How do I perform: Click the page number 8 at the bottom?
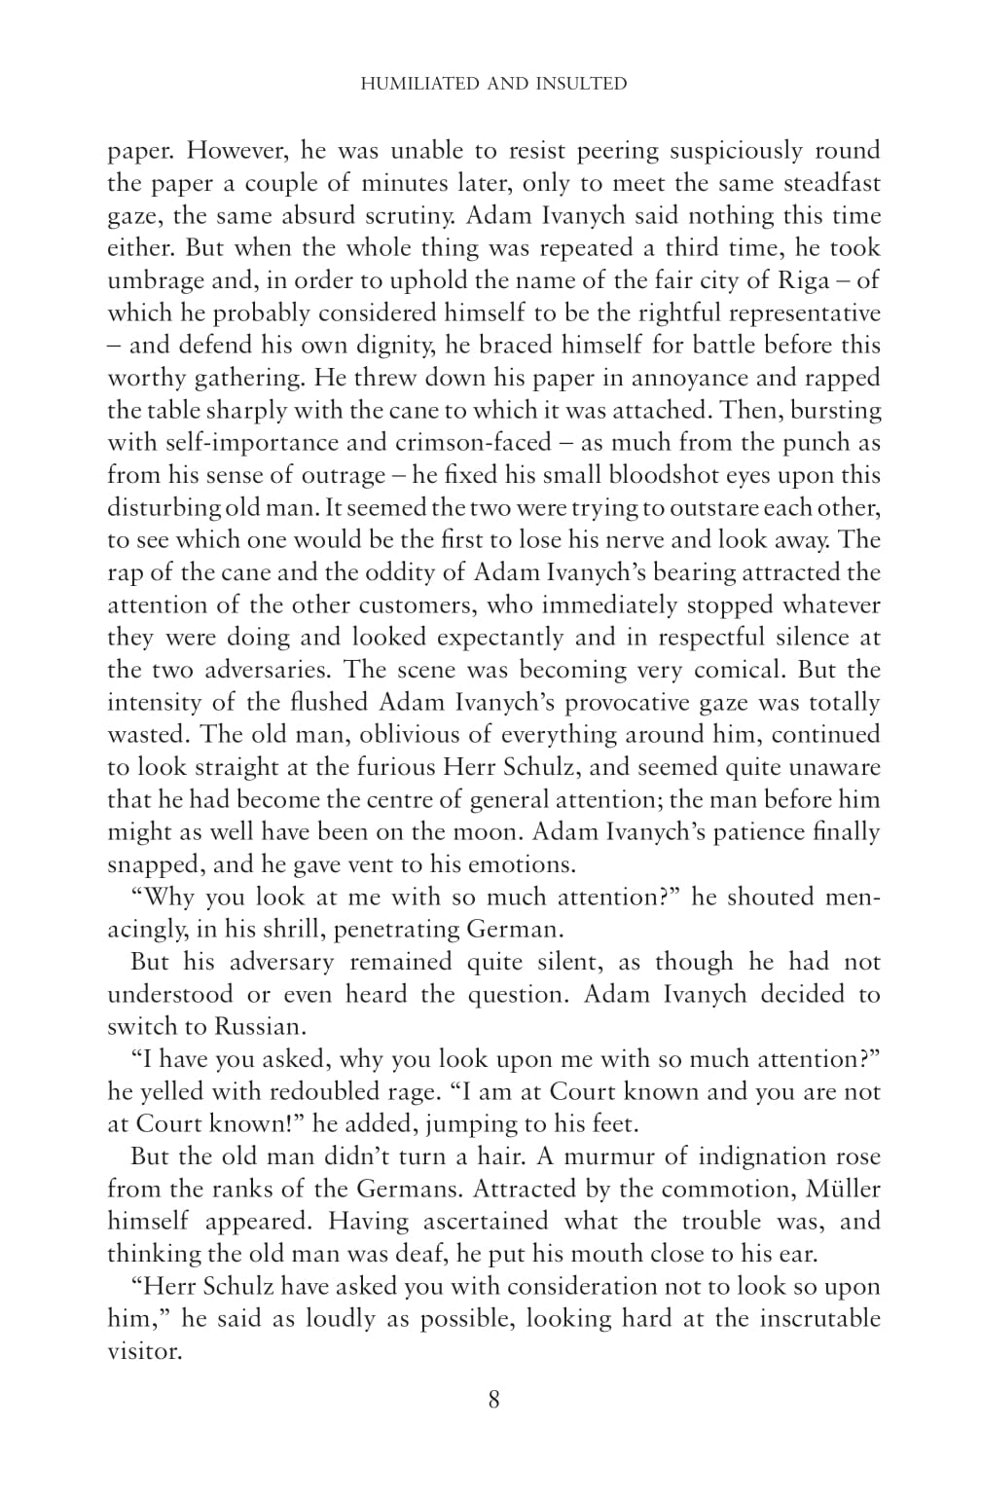click(493, 1400)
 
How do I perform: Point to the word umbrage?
click(154, 280)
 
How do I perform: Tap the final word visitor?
click(144, 1351)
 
